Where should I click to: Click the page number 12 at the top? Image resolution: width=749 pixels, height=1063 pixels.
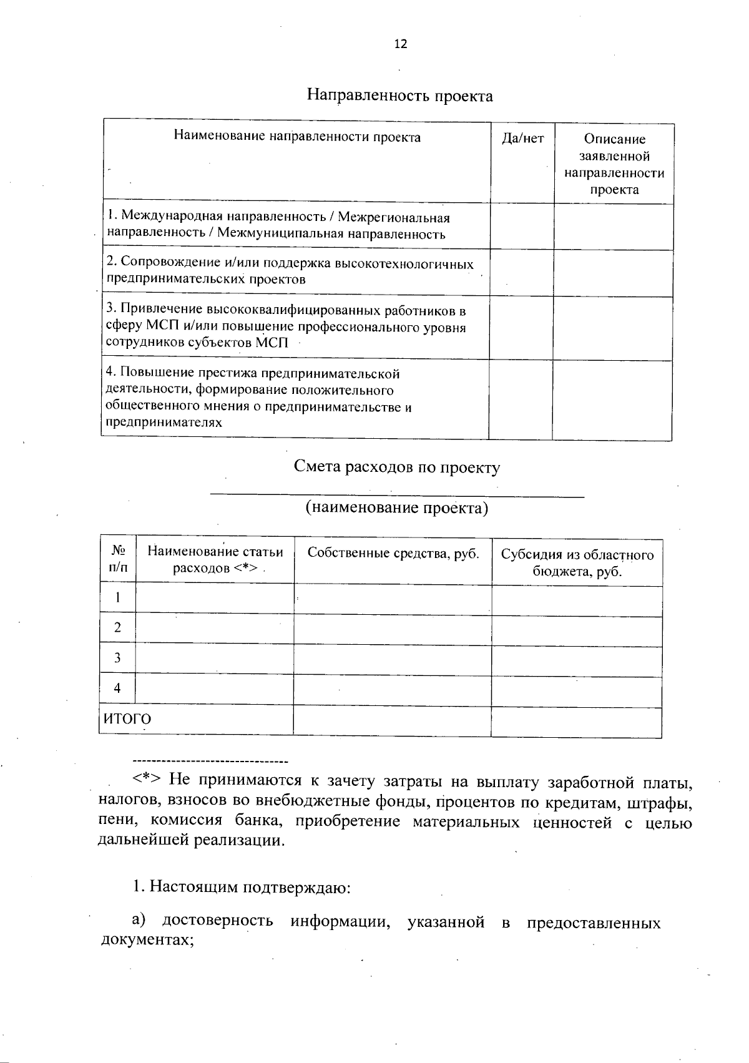click(400, 44)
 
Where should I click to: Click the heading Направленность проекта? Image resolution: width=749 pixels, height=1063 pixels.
click(399, 96)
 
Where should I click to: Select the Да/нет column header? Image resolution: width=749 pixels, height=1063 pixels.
click(522, 139)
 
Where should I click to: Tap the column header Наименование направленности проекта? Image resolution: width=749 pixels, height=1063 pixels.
click(296, 137)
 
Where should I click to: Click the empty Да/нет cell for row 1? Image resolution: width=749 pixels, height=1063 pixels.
click(522, 226)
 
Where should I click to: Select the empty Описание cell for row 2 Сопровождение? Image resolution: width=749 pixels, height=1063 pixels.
click(613, 273)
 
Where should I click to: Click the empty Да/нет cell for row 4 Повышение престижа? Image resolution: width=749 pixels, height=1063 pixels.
click(521, 399)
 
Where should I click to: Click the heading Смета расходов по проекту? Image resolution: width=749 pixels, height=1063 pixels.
click(397, 468)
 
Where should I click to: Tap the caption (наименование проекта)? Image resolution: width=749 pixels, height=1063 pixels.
click(397, 508)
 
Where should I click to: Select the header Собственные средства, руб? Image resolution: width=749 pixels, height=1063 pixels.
click(393, 553)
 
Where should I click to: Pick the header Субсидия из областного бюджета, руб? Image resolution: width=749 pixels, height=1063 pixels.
click(577, 563)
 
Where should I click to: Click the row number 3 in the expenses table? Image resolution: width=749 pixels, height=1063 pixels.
click(117, 658)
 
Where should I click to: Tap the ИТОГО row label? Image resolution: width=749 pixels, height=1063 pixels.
click(127, 719)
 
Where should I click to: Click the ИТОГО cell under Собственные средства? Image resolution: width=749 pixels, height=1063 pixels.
click(392, 720)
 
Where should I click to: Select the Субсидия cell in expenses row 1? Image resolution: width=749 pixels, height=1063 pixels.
click(576, 600)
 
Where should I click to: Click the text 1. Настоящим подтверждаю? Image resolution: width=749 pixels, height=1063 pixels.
click(242, 887)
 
